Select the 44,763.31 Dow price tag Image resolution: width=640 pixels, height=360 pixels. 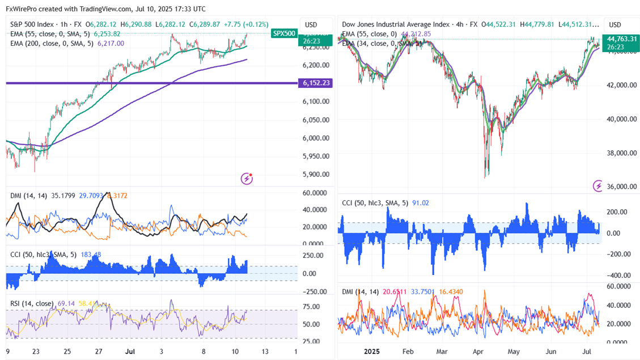tap(622, 39)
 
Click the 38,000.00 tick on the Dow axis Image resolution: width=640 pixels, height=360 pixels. tap(622, 153)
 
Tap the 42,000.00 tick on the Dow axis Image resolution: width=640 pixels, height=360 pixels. tap(622, 85)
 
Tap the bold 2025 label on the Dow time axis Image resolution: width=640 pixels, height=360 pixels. tap(371, 351)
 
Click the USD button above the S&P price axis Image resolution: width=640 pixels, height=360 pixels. tap(311, 25)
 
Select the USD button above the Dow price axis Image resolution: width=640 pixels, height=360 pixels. tap(614, 25)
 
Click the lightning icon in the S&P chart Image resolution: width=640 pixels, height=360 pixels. tap(247, 178)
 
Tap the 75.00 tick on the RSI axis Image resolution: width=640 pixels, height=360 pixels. tap(311, 307)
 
